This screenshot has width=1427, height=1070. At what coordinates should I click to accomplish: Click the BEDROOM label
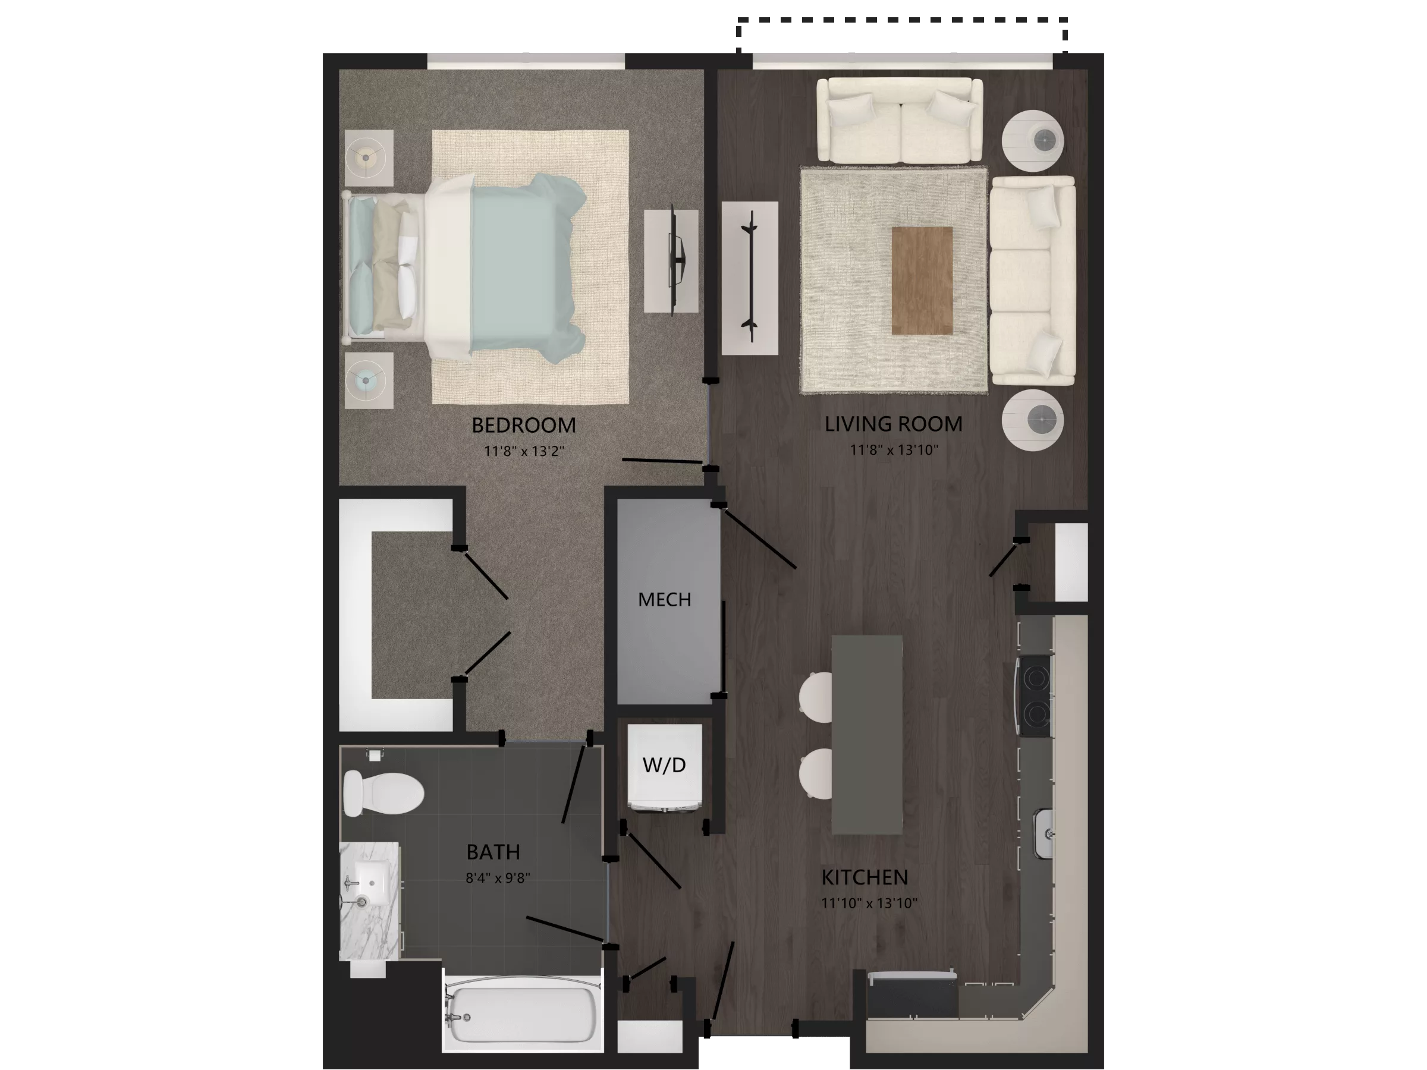pos(523,425)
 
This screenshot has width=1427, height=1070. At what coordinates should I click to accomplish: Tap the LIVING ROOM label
pos(893,424)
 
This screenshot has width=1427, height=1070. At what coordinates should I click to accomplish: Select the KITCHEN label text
pos(865,877)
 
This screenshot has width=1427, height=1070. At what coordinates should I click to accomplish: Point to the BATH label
pos(493,852)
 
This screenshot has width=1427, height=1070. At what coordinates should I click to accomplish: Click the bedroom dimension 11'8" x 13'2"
pos(524,451)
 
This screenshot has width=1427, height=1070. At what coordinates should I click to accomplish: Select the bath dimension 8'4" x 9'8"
pos(498,878)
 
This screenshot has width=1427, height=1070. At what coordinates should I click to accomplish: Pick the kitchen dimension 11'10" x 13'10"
pos(869,903)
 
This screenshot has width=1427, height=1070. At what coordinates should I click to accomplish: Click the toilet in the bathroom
pos(382,792)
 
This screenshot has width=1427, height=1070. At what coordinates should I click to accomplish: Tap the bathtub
pos(523,1015)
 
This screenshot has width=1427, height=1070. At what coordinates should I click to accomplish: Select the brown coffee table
pos(922,281)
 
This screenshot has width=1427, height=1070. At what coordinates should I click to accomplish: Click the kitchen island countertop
pos(866,735)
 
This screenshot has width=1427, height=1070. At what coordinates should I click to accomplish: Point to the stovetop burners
pos(1035,695)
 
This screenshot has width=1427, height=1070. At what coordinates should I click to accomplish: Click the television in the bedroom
pos(676,260)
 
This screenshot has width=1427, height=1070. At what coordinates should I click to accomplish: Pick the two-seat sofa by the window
pos(899,120)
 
